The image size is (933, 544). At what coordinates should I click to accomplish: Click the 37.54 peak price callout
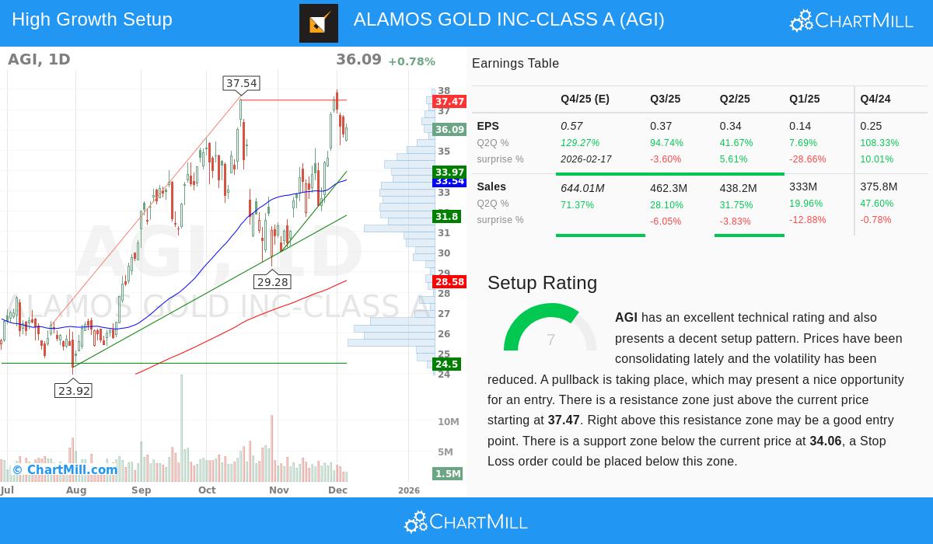click(241, 83)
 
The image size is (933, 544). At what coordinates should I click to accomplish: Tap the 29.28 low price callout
click(272, 282)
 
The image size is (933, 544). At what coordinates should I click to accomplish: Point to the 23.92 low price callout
click(74, 391)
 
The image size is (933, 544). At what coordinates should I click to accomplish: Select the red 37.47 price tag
click(449, 102)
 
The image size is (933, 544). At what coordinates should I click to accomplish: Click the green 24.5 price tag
click(446, 364)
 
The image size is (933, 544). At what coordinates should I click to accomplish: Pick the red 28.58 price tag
click(449, 282)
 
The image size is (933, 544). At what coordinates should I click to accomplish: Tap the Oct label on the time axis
click(207, 490)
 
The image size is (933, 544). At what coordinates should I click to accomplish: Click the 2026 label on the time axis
click(409, 490)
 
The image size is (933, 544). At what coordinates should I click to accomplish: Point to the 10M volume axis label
click(449, 422)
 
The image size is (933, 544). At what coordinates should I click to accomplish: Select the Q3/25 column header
click(666, 99)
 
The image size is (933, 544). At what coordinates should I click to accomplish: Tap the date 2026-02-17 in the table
click(586, 159)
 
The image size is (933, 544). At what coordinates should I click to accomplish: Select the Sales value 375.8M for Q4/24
click(879, 187)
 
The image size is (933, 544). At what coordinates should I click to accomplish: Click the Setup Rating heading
click(542, 283)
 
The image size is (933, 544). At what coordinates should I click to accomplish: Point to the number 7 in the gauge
click(550, 340)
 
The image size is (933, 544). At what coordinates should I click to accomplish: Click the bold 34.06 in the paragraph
click(826, 441)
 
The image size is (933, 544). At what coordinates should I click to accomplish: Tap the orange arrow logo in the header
click(319, 23)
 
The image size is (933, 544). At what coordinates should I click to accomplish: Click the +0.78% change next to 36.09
click(411, 61)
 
